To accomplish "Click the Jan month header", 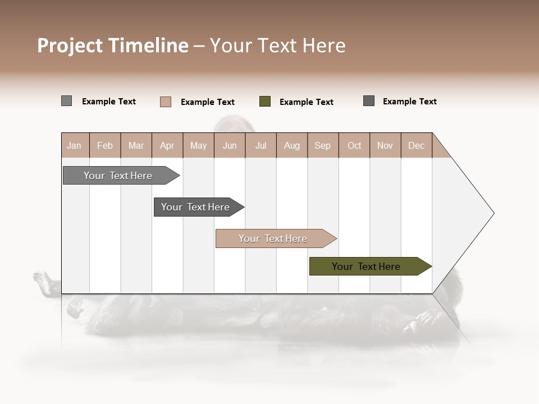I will tap(74, 145).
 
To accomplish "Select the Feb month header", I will tap(105, 145).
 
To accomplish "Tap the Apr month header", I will tap(167, 145).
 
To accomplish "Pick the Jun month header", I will tap(230, 145).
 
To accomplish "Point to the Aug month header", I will tap(291, 145).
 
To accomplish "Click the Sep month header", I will tap(322, 145).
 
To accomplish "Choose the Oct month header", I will tap(354, 145).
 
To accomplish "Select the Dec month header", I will tap(416, 145).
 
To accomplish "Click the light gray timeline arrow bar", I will tap(118, 176).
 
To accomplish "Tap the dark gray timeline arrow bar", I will tap(195, 207).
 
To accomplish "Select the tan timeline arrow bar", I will tap(273, 238).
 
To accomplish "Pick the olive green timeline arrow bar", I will tap(366, 267).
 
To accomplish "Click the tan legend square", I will tap(166, 102).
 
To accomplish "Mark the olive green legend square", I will tap(265, 102).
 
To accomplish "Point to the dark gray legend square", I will tap(369, 101).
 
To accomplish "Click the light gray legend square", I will tap(66, 101).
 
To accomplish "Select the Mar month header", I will tap(136, 145).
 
